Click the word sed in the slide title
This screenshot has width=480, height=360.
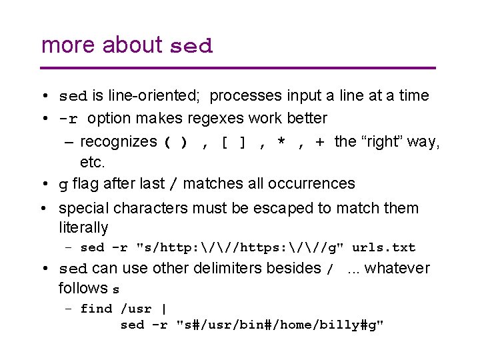pyautogui.click(x=191, y=47)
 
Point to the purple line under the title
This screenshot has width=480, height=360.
pyautogui.click(x=238, y=68)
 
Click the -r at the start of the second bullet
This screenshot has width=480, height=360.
pyautogui.click(x=69, y=119)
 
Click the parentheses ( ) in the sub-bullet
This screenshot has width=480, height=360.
pyautogui.click(x=175, y=142)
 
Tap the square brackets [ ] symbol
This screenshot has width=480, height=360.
pyautogui.click(x=235, y=142)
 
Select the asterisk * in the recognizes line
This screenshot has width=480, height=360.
pyautogui.click(x=283, y=143)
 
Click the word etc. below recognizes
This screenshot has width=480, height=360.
pyautogui.click(x=93, y=162)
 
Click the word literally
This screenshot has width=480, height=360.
pyautogui.click(x=83, y=227)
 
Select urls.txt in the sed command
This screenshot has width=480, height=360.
pyautogui.click(x=383, y=248)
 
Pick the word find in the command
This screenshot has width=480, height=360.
pyautogui.click(x=97, y=309)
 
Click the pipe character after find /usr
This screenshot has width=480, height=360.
pyautogui.click(x=164, y=309)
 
